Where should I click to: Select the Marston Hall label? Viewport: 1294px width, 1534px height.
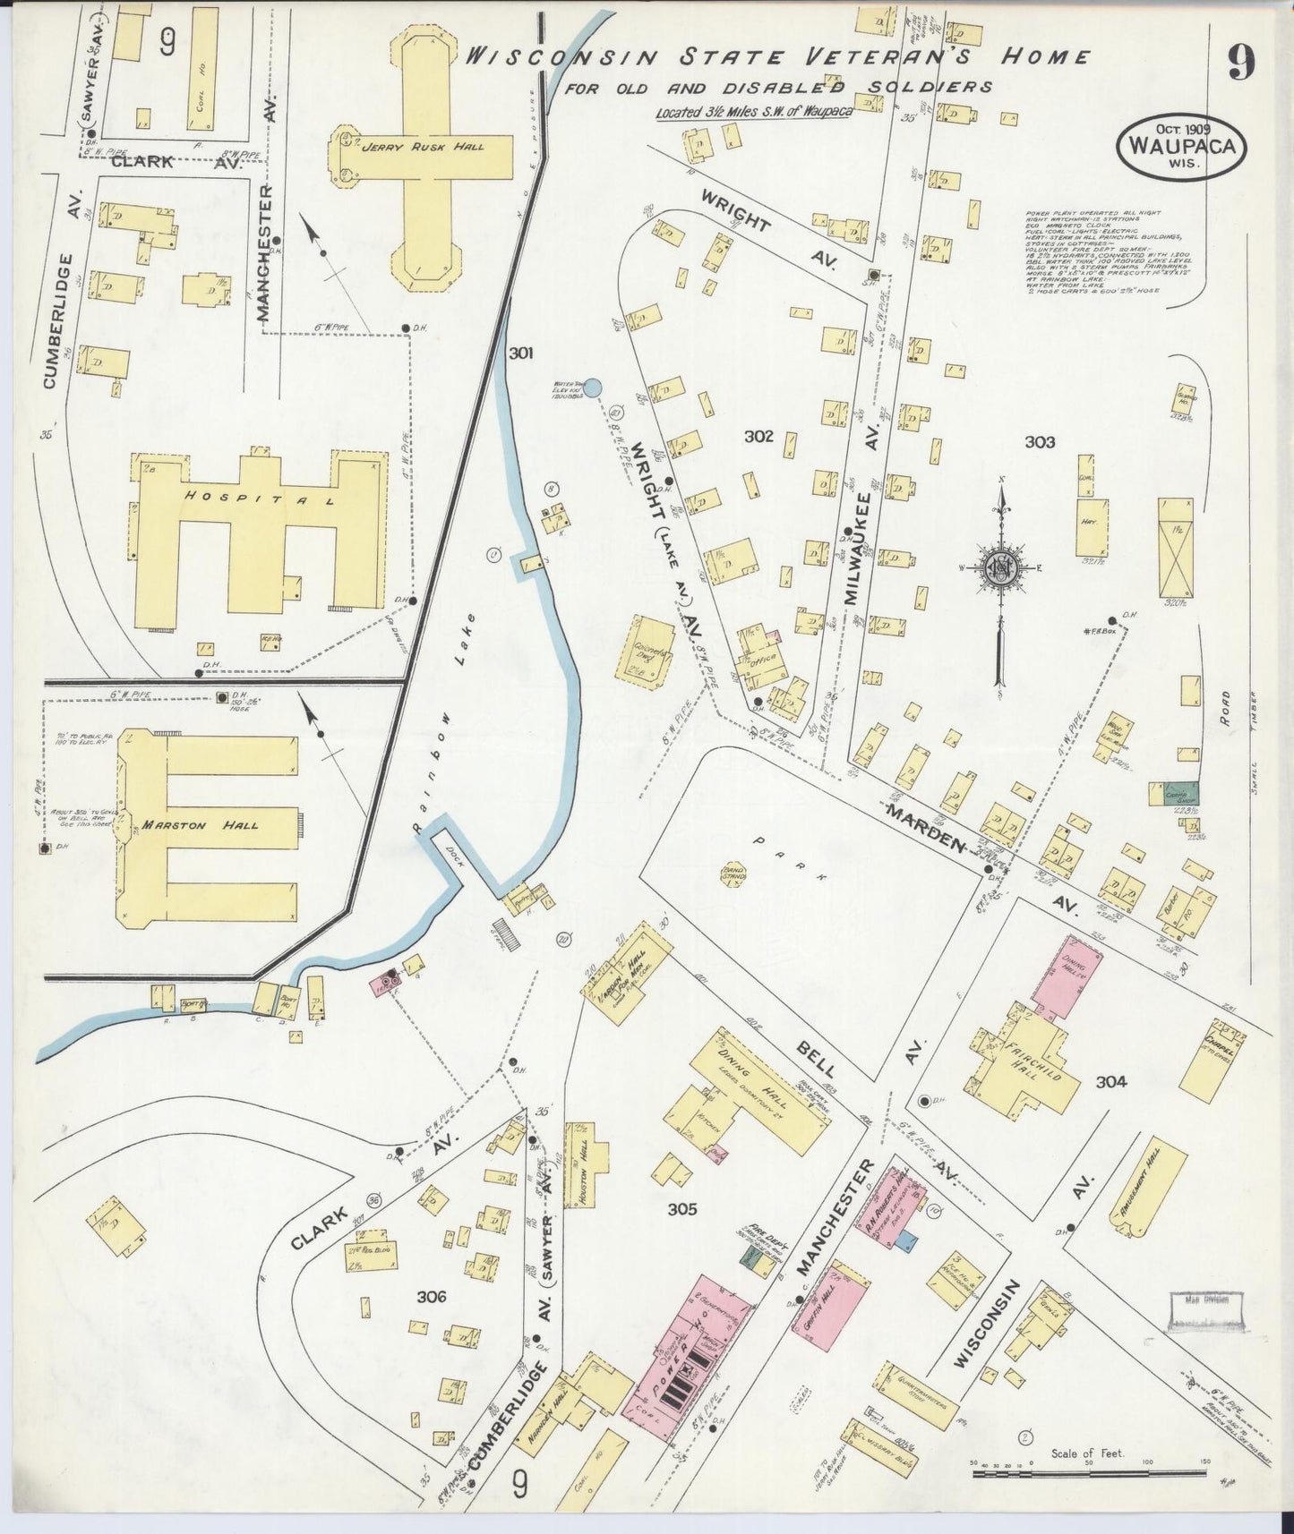[200, 825]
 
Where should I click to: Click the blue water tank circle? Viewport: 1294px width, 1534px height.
[593, 387]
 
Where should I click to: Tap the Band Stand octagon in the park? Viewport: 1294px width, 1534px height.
[734, 878]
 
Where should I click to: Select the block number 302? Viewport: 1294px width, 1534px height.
[758, 436]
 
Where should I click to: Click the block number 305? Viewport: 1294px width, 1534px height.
[681, 1209]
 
